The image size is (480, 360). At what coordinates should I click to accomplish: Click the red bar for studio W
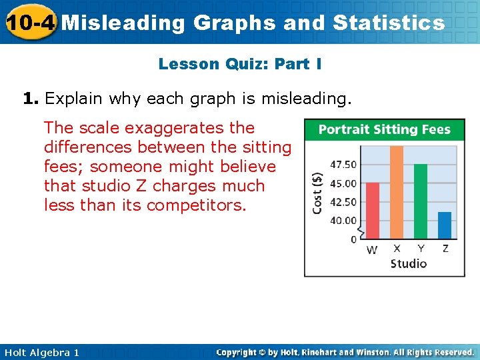coord(373,210)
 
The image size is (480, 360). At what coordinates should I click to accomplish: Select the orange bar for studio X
coord(397,192)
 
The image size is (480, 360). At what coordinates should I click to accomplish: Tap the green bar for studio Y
coord(421,201)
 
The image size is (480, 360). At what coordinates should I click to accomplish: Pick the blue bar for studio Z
coord(445,225)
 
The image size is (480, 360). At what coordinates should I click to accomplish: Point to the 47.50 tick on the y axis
coord(343,165)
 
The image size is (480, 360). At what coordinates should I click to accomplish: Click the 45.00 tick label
coord(343,183)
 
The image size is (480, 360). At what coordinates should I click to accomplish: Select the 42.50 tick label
coord(343,202)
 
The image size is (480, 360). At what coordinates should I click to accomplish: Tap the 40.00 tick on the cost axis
coord(343,221)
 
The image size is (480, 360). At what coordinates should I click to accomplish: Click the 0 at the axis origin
coord(354,239)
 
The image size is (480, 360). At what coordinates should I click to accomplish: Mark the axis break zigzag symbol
coord(361,232)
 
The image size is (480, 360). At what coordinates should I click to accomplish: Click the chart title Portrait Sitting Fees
coord(384,129)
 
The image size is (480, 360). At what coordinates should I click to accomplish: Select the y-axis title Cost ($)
coord(318,193)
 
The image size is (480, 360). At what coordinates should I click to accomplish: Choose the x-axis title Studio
coord(408,263)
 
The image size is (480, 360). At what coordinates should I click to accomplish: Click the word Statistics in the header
coord(388,23)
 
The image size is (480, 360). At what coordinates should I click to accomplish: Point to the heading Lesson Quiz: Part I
coord(240,64)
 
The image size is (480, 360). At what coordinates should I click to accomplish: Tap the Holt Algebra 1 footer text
coord(40,352)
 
